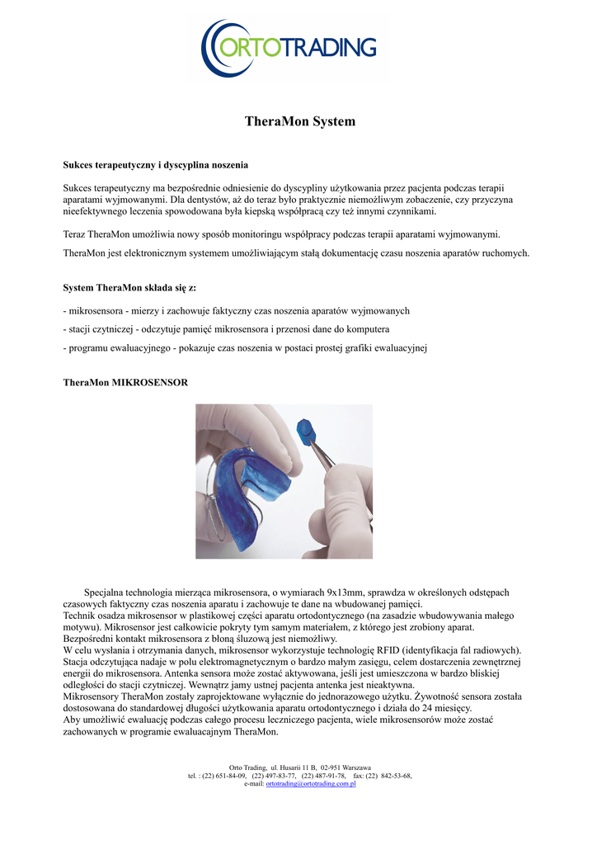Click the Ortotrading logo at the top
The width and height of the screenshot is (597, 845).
[x=289, y=46]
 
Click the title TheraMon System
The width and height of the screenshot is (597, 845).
[x=299, y=122]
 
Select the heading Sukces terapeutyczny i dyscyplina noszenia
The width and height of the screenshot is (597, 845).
[x=156, y=165]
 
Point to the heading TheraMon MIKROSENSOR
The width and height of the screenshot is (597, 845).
[x=125, y=383]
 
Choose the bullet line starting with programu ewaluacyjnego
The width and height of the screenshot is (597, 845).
[x=244, y=347]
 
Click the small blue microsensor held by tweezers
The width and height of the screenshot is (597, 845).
[x=308, y=429]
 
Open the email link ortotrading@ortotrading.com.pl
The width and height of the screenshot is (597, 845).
[x=311, y=784]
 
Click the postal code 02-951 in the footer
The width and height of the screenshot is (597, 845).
[x=328, y=767]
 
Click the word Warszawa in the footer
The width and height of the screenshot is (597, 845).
[x=355, y=767]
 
